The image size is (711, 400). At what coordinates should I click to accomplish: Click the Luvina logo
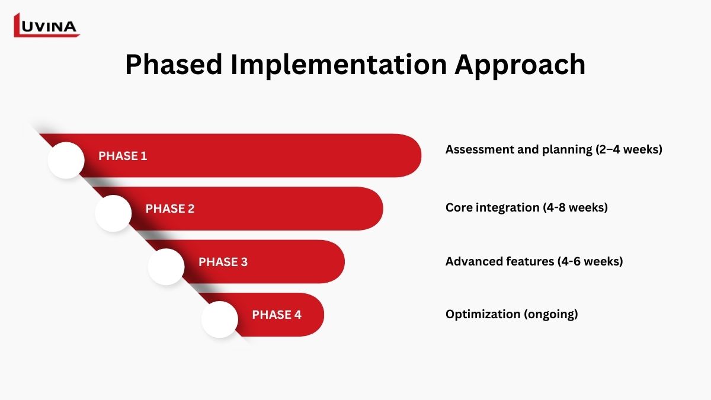[47, 25]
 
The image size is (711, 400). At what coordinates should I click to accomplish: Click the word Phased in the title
[174, 65]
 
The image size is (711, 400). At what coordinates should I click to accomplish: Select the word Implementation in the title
[339, 65]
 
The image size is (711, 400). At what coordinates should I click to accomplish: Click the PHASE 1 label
[123, 156]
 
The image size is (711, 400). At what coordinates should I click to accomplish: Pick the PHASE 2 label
[170, 209]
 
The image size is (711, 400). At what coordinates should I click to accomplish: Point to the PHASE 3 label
[223, 262]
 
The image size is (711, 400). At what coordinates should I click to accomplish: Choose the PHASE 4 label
[277, 315]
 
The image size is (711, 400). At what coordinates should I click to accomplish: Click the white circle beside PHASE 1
[66, 161]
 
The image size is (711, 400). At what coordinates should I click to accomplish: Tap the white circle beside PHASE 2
[113, 213]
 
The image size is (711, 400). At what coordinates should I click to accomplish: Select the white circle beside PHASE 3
[166, 267]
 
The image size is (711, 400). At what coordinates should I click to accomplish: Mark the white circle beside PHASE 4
[220, 319]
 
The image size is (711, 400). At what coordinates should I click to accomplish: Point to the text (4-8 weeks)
[575, 207]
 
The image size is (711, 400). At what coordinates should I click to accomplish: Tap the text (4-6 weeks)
[590, 261]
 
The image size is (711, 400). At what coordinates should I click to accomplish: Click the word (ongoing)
[550, 315]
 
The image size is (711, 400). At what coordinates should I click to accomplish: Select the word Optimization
[483, 315]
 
